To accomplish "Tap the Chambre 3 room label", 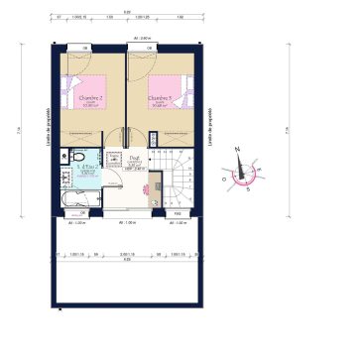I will coord(161,98).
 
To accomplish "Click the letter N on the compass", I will coord(239,148).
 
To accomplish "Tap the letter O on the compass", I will coord(227,180).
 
